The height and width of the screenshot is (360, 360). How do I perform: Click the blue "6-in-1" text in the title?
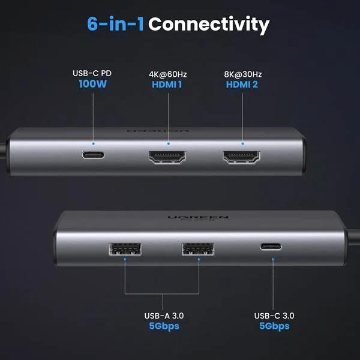tap(115, 25)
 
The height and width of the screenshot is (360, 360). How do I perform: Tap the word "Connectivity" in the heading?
tap(209, 25)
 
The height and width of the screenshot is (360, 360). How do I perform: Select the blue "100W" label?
tap(92, 84)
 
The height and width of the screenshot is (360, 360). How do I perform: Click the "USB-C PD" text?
tap(92, 73)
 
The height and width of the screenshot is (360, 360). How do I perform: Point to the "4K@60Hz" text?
tap(168, 74)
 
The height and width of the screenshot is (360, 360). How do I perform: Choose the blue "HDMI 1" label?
tap(168, 84)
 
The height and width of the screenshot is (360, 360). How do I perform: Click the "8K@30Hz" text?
tap(243, 74)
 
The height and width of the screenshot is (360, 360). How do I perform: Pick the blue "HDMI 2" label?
tap(243, 84)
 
